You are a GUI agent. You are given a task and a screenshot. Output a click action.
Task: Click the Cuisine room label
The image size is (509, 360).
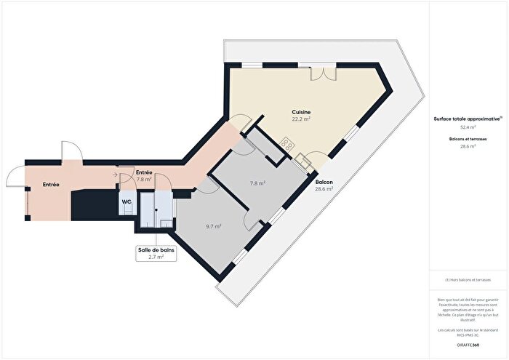[301, 112]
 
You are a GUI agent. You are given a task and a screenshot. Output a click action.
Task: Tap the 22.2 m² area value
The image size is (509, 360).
[301, 119]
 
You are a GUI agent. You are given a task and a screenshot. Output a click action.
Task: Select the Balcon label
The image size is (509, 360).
[324, 182]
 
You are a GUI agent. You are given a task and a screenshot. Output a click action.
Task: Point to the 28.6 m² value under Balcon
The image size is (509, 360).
[324, 189]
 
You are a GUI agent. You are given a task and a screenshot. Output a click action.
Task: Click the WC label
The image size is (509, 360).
[126, 201]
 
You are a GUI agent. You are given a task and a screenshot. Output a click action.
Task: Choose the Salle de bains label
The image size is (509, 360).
[156, 249]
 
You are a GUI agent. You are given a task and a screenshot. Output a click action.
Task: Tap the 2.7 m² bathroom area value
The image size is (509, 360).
[156, 257]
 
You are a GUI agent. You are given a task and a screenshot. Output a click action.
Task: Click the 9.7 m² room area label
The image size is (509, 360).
[213, 226]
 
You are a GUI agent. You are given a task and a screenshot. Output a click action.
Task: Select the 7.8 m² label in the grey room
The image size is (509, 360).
[257, 184]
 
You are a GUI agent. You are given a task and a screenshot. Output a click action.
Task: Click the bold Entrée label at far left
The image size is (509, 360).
[50, 185]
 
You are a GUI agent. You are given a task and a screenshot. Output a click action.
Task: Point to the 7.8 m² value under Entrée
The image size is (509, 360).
[144, 179]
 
